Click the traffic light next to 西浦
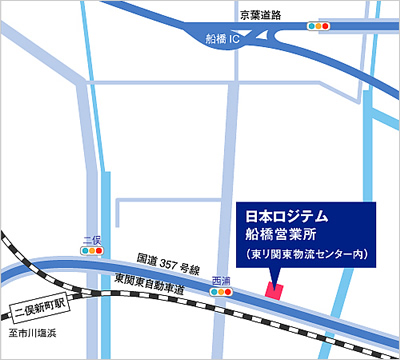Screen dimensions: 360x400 [221, 292]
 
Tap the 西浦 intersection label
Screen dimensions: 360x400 [221, 280]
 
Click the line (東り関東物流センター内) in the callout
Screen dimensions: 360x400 [308, 256]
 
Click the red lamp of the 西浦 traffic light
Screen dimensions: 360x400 [228, 292]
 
